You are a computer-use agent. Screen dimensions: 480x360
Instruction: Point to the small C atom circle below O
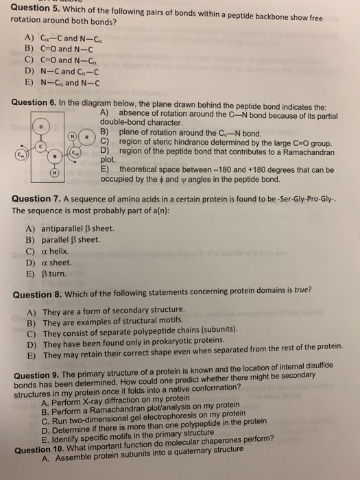[40, 146]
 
